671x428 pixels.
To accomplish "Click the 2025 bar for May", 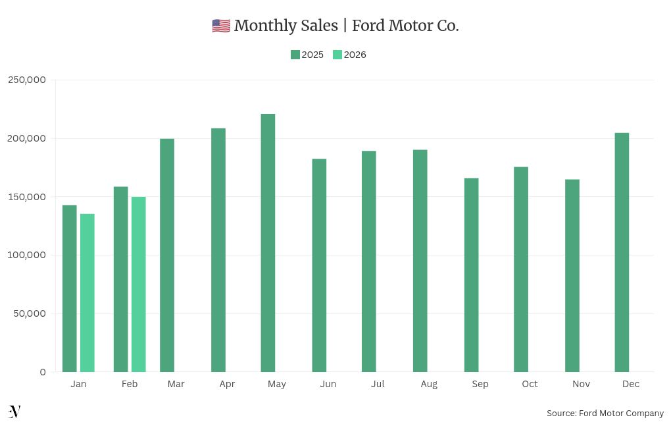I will (268, 243).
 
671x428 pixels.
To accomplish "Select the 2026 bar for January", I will (87, 293).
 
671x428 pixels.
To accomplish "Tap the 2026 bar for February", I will (138, 284).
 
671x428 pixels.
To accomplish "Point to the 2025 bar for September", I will (471, 275).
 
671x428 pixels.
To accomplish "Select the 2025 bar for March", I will (167, 255).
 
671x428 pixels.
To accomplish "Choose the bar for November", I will (572, 276).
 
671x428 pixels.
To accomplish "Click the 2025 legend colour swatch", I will (295, 55).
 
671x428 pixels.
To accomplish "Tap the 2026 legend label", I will (355, 55).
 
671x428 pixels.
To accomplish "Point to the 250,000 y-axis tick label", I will (27, 80).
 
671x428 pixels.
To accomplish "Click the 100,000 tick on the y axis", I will (27, 255).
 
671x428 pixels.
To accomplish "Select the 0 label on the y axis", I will (43, 372).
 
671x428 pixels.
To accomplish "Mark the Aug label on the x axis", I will (429, 384).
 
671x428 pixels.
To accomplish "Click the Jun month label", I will (328, 384).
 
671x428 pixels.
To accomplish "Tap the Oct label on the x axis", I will (530, 384).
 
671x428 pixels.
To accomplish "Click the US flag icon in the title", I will (221, 26).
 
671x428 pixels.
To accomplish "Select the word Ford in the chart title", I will (370, 26).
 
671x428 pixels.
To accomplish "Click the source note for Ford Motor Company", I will (605, 414).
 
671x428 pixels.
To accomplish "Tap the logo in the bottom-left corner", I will (14, 412).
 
